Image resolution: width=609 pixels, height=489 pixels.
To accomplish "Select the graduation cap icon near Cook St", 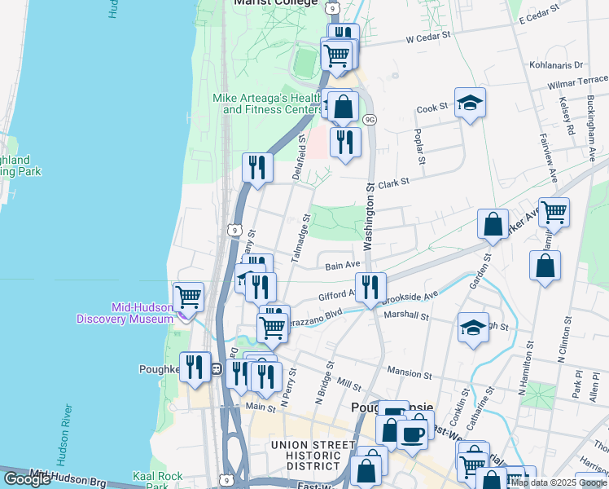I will coord(470,103).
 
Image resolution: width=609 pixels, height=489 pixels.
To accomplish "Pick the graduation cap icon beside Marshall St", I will coord(473,328).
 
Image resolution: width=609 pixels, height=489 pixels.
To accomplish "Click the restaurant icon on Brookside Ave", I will coord(370,286).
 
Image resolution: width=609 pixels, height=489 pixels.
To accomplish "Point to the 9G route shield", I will coord(370,120).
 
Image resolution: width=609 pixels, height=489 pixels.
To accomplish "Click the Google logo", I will coord(27,479).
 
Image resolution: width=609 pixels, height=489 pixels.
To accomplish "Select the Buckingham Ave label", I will coord(590,122).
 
